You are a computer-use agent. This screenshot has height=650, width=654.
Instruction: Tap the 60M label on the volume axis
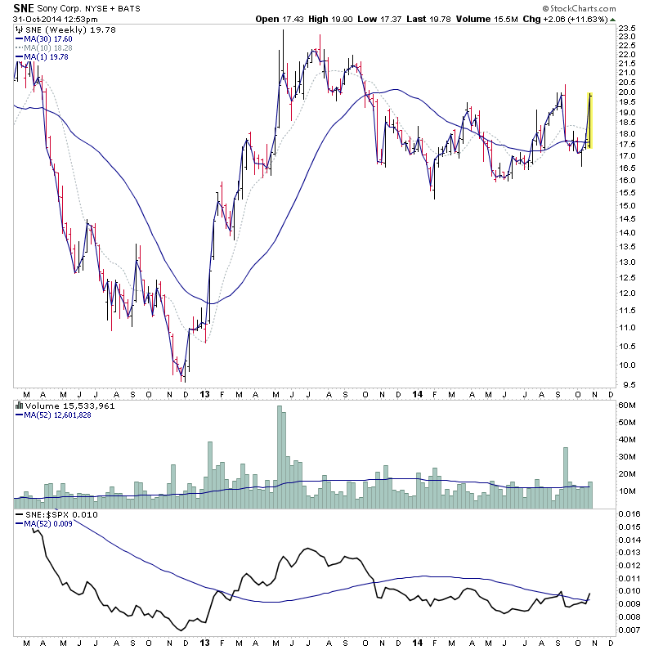click(629, 405)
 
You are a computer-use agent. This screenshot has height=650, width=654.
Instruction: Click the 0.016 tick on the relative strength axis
click(630, 513)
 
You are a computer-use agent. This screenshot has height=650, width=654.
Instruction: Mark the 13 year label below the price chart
click(204, 394)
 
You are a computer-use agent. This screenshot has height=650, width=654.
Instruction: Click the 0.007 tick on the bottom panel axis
click(630, 629)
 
